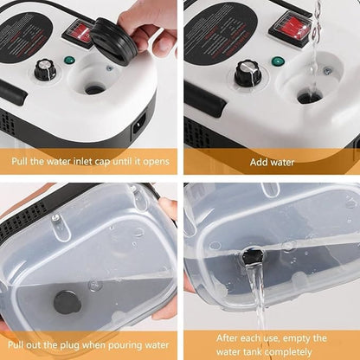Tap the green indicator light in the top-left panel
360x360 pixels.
(x=69, y=61)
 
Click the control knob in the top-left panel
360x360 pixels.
(x=44, y=70)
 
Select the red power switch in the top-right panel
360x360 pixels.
(x=289, y=27)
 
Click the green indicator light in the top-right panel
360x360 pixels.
(x=277, y=61)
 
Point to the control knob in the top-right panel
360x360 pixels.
(x=247, y=73)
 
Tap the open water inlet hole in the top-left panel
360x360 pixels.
(x=94, y=89)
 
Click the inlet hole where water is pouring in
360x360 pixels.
(x=310, y=97)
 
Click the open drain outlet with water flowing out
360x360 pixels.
(x=252, y=258)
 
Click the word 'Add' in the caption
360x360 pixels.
(x=258, y=162)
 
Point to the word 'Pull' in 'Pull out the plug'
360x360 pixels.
(x=16, y=344)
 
